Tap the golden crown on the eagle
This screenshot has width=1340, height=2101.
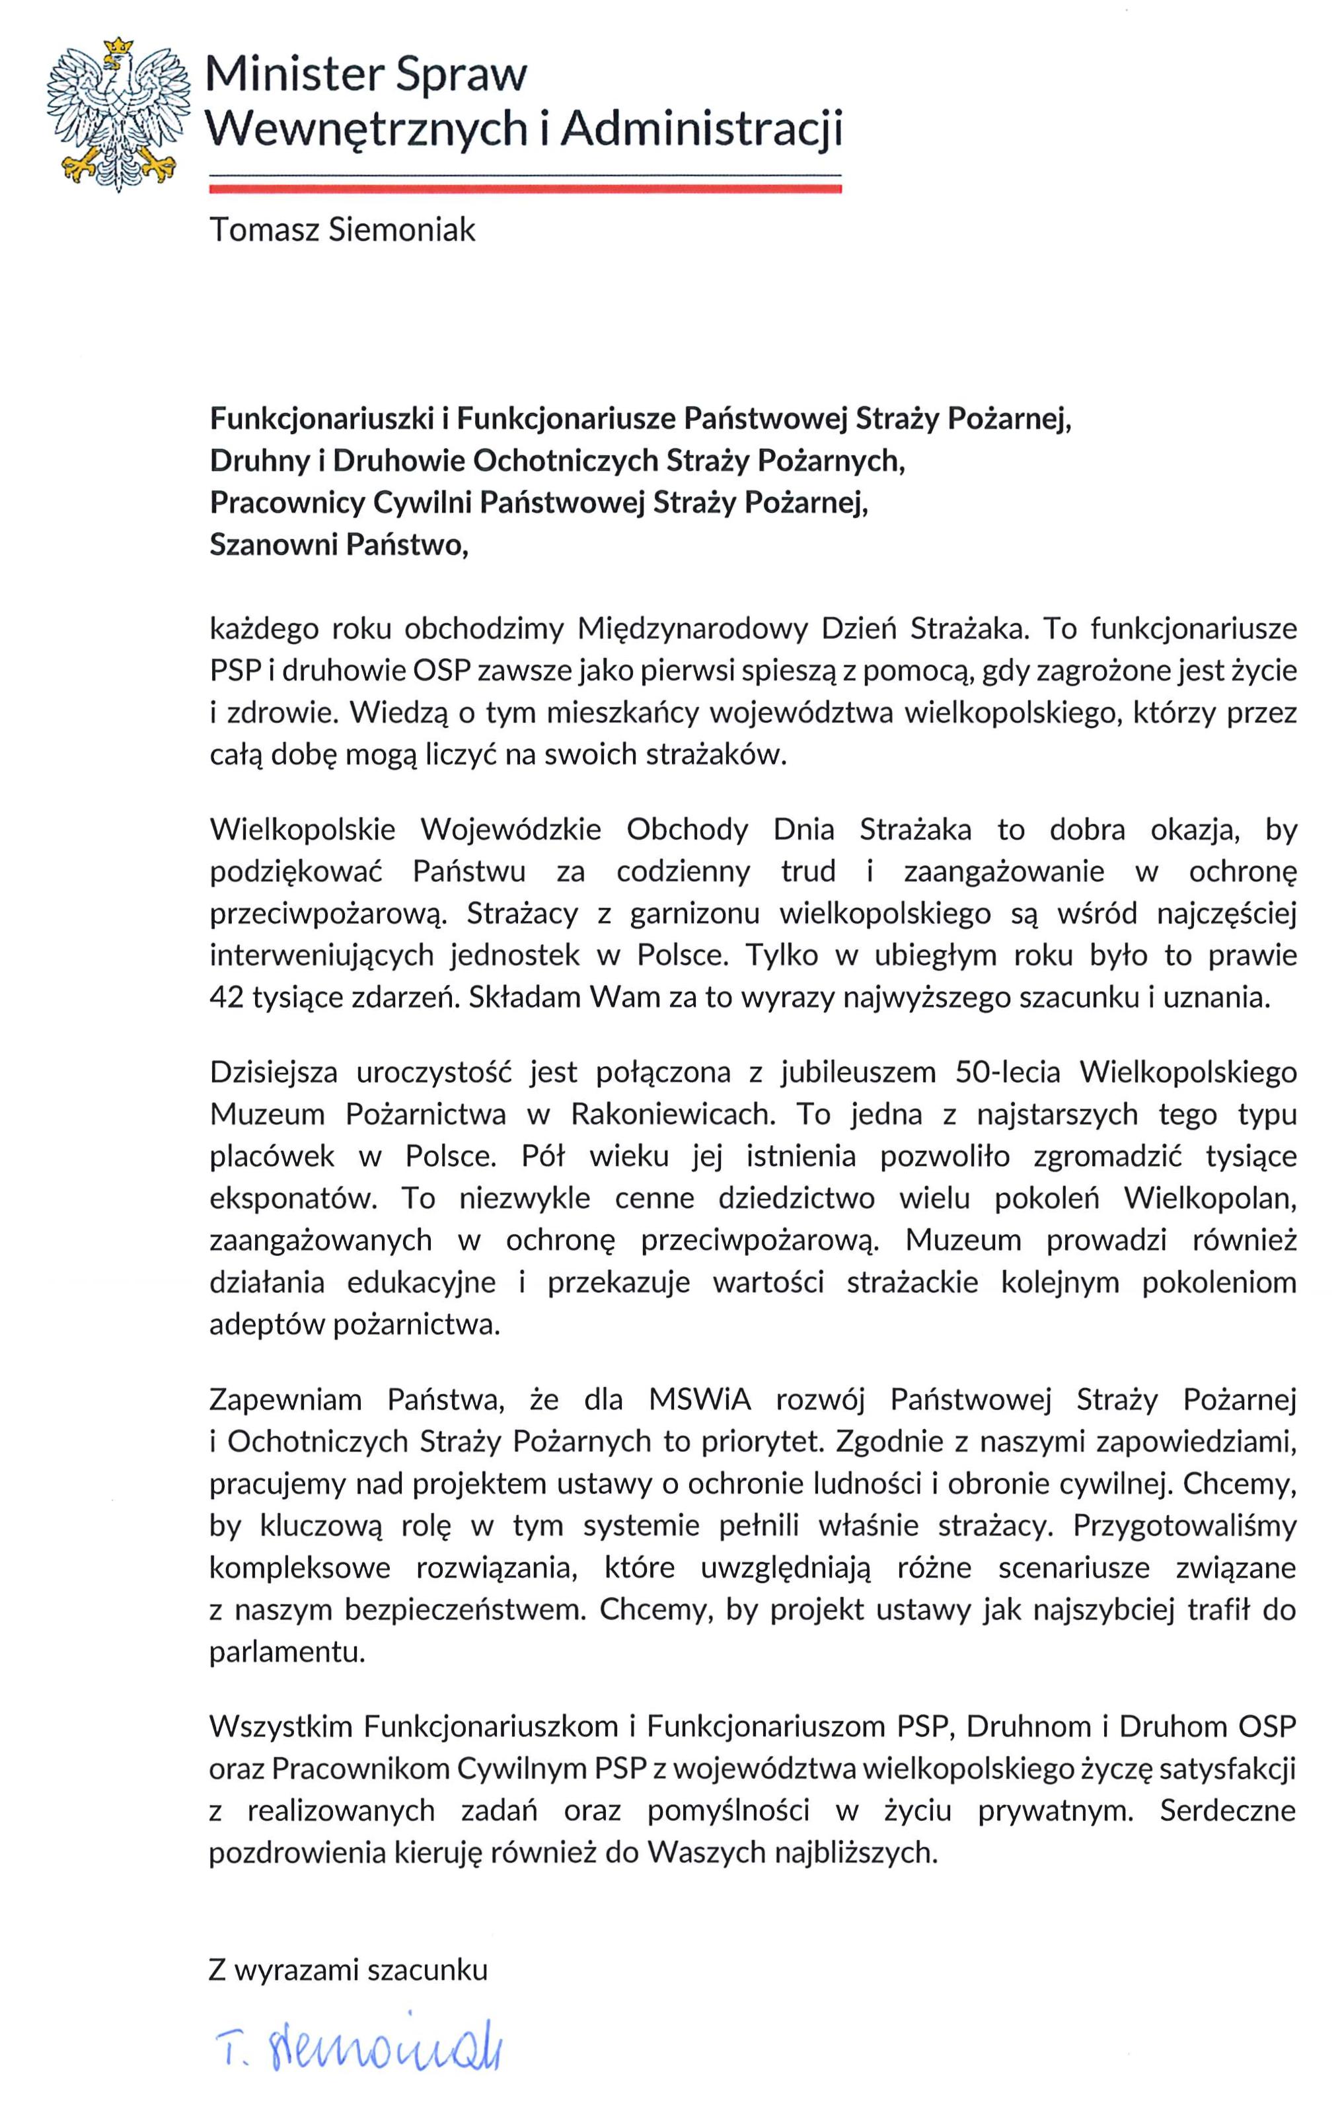coord(117,52)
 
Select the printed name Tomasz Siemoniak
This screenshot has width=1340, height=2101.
coord(342,231)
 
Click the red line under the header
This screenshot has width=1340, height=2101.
coord(525,187)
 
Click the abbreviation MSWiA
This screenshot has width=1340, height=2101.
coord(700,1399)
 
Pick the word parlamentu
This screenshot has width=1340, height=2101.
coord(287,1652)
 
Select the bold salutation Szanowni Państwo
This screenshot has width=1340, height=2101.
coord(340,545)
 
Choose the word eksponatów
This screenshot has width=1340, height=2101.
coord(293,1198)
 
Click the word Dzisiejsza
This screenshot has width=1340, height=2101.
coord(273,1072)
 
